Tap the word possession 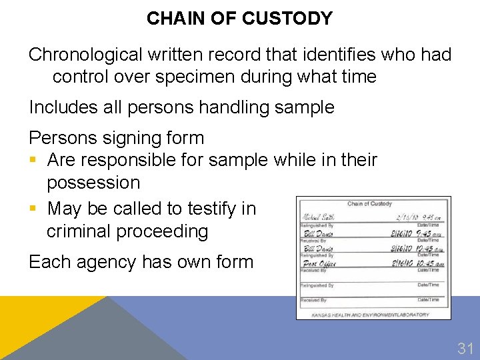point(93,183)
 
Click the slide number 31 point(465,347)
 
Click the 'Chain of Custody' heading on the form point(369,203)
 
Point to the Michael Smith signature point(319,217)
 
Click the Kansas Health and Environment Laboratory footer point(371,315)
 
